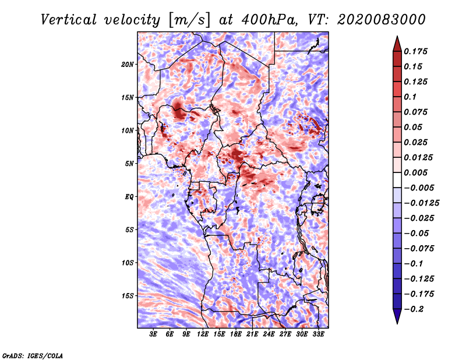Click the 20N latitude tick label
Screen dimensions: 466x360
(x=128, y=64)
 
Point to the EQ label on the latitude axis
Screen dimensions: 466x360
(x=129, y=196)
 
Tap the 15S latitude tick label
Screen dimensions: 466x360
(x=128, y=296)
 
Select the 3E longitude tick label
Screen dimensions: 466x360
(x=153, y=334)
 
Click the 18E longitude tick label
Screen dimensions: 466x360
(x=236, y=334)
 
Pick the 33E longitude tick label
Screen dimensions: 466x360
(x=318, y=334)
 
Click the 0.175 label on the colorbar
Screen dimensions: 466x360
(x=415, y=51)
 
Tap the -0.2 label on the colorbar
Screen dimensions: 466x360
(x=414, y=309)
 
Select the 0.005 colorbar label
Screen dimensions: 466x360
(x=415, y=172)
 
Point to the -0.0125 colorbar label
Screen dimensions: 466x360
(x=421, y=203)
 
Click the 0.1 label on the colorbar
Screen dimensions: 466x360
(x=410, y=97)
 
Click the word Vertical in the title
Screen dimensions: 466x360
(x=69, y=20)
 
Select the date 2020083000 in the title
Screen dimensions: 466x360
(x=382, y=20)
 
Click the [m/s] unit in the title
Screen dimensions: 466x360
(x=189, y=20)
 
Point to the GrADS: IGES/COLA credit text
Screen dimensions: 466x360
(x=33, y=355)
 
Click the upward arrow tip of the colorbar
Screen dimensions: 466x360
(x=397, y=36)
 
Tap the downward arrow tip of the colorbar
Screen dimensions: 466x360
(x=397, y=323)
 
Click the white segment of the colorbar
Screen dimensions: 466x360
(x=397, y=180)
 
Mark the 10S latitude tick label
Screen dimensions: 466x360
(x=128, y=263)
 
